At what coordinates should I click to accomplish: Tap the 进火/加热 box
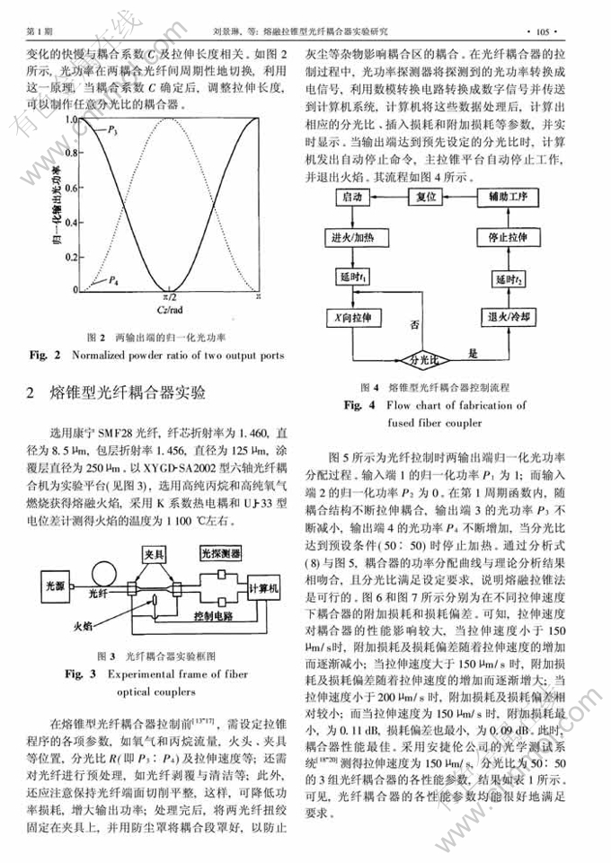(353, 237)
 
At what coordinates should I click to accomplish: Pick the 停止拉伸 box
(509, 237)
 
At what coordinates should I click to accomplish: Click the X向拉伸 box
(353, 317)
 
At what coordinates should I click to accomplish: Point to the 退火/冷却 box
(509, 317)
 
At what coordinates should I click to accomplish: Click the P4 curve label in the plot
(111, 280)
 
